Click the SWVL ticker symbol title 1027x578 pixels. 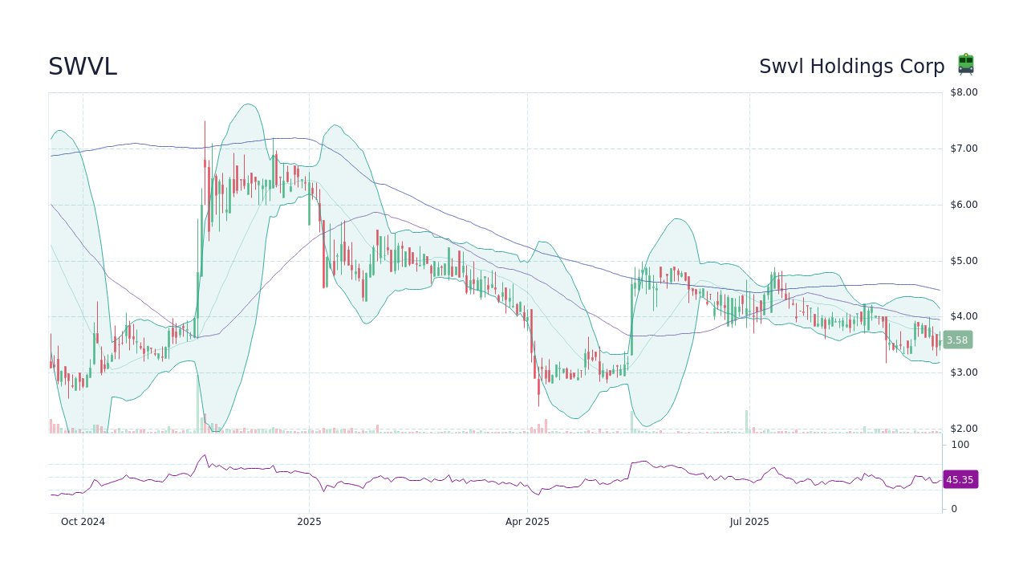tap(83, 67)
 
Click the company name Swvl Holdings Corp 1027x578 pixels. tap(851, 67)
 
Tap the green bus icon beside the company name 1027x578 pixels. tap(965, 64)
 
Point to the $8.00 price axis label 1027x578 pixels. tap(964, 92)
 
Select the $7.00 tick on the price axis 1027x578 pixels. tap(964, 149)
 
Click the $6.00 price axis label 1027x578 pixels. tap(964, 205)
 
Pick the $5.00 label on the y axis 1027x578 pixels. tap(964, 261)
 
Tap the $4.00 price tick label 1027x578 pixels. tap(964, 316)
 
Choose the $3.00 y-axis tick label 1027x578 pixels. tap(964, 372)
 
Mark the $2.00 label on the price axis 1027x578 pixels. tap(964, 429)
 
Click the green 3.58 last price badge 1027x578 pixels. tap(957, 340)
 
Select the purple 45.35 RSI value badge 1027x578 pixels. tap(960, 480)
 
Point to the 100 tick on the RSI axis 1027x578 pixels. tap(960, 445)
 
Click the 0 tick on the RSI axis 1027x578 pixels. tap(954, 509)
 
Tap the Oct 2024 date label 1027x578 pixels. tap(83, 522)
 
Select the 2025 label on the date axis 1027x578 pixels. tap(309, 522)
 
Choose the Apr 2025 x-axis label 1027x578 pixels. tap(527, 522)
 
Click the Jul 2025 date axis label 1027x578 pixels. tap(749, 522)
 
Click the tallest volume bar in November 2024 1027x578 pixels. tap(197, 401)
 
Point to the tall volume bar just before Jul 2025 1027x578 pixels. tap(746, 421)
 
